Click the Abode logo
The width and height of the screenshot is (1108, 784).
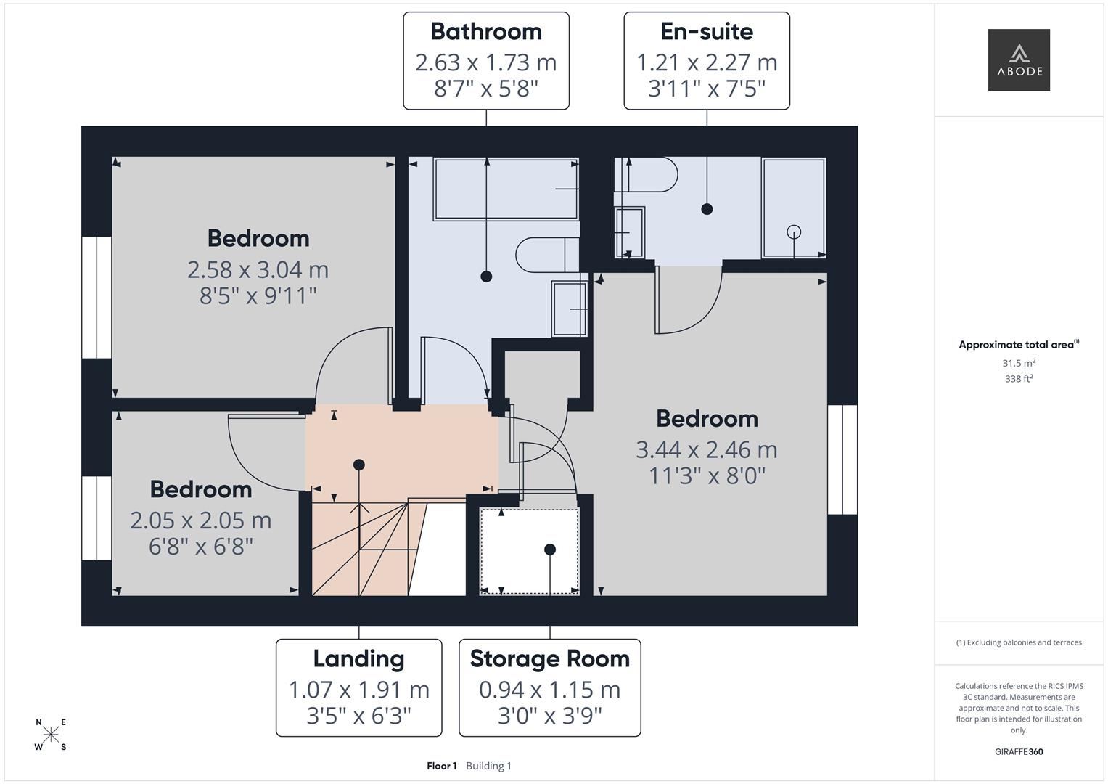(1018, 60)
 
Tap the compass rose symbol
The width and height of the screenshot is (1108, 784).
(51, 735)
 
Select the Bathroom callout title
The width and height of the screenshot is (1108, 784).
(485, 31)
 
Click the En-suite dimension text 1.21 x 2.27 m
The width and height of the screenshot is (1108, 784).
(706, 62)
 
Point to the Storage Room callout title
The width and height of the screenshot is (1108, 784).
(549, 658)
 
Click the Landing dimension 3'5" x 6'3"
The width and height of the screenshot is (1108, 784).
(358, 716)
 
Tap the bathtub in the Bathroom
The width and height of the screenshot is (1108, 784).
(506, 189)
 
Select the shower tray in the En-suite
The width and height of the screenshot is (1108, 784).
(793, 208)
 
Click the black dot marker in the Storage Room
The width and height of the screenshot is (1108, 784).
(550, 550)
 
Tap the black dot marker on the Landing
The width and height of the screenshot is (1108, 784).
(358, 465)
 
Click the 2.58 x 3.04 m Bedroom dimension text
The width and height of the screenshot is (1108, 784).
(258, 269)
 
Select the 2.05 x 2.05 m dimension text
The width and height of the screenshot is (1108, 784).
(200, 520)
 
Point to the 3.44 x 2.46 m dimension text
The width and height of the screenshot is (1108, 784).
(706, 449)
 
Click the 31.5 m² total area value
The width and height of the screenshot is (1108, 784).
(1018, 363)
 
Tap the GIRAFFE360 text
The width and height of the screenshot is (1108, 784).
(1018, 751)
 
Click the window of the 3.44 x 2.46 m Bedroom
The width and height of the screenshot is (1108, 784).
(842, 460)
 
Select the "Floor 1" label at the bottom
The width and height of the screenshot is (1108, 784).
(441, 766)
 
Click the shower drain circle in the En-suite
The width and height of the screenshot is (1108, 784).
(794, 232)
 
